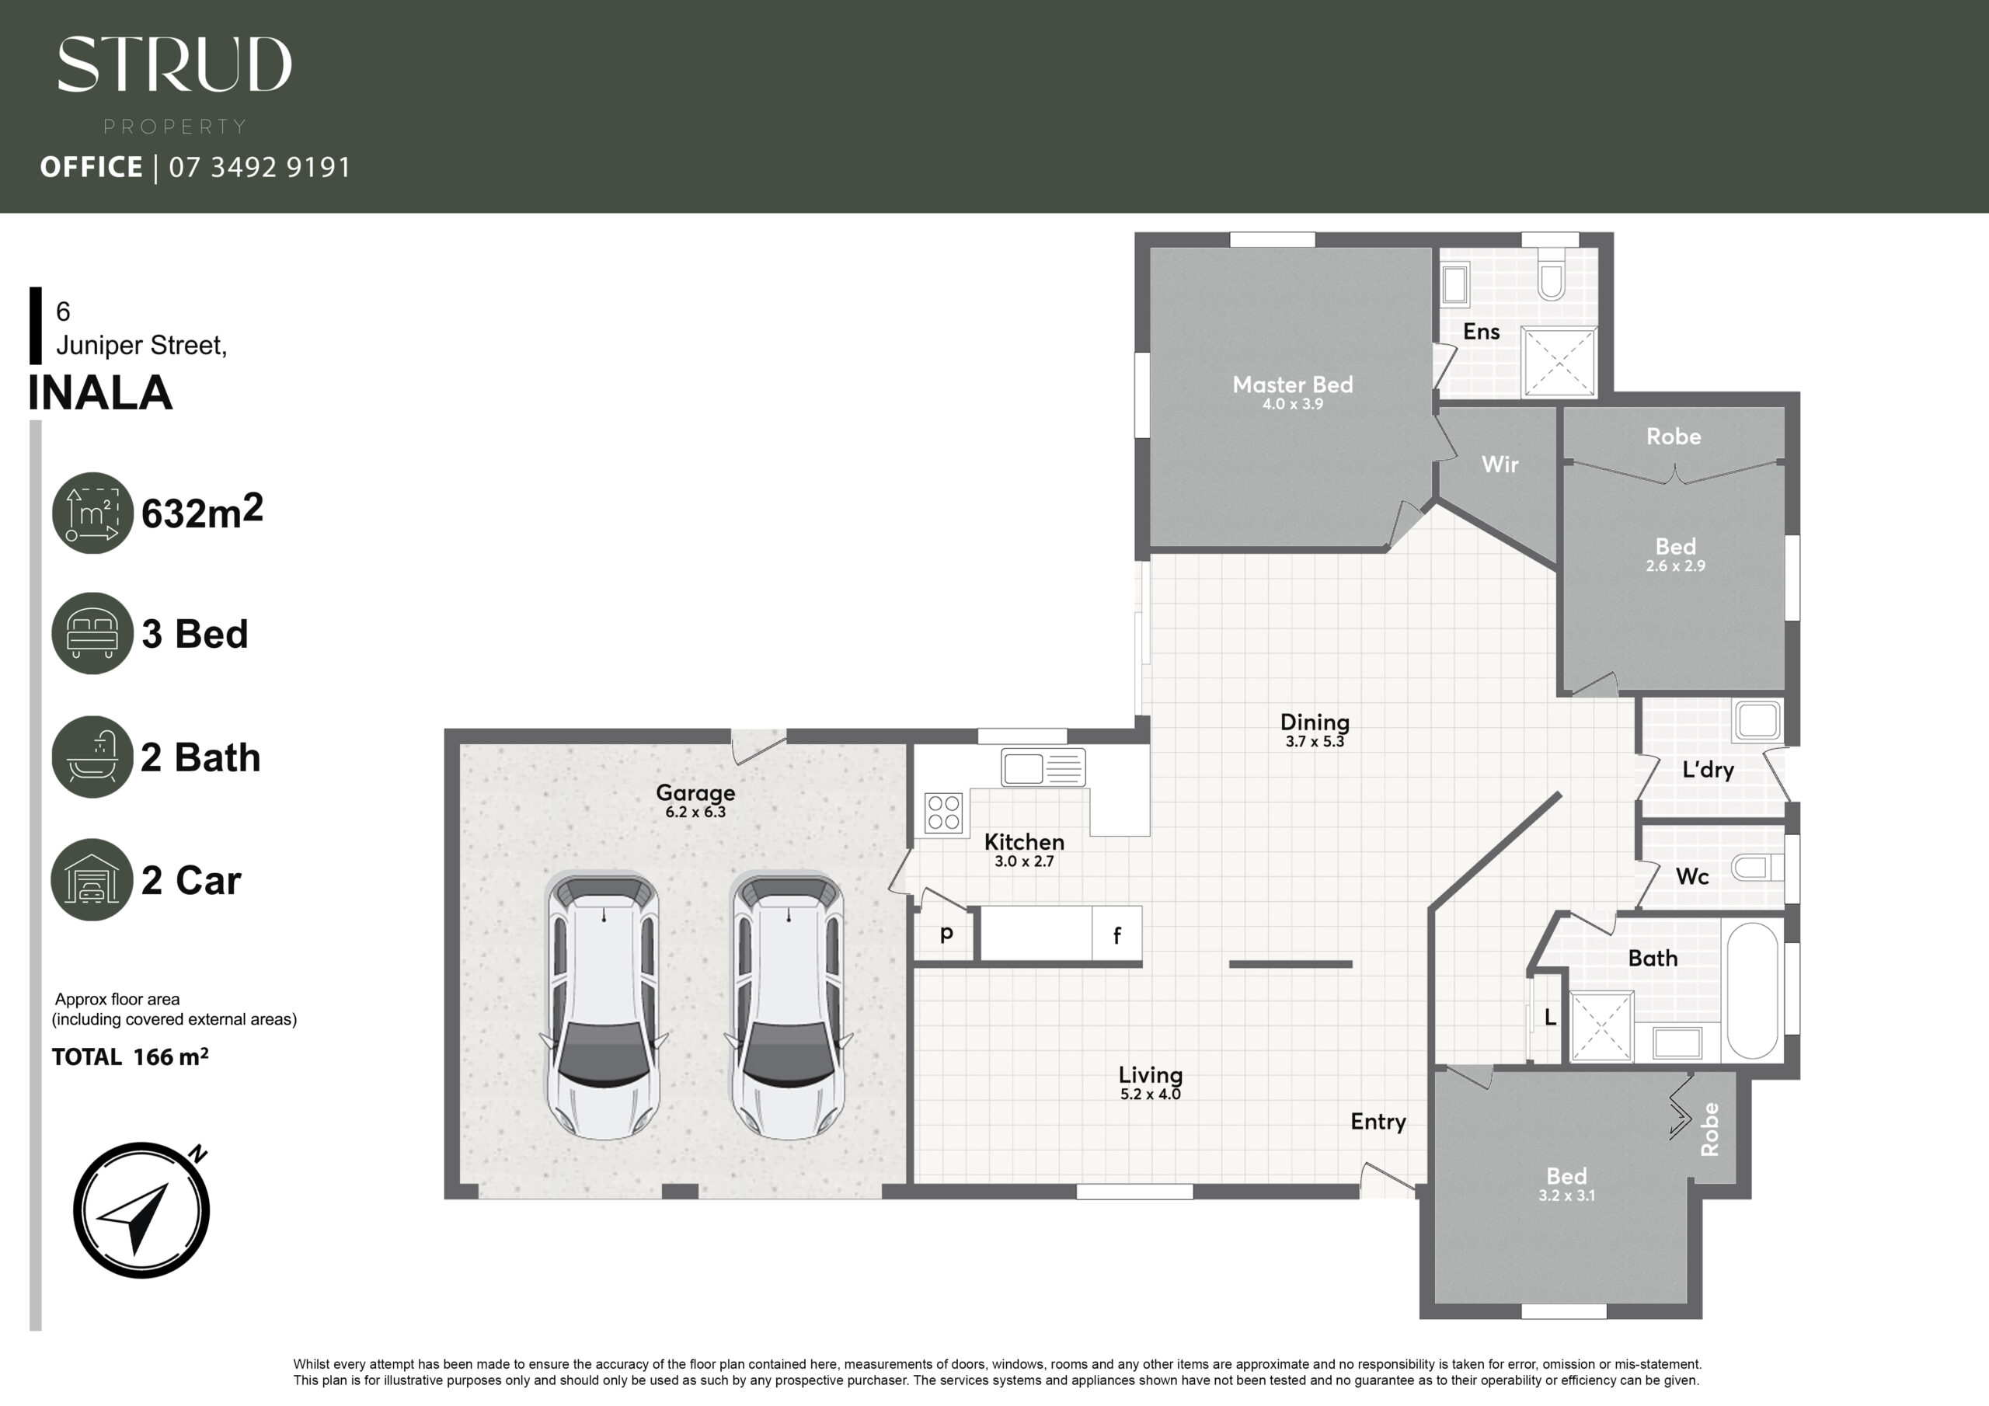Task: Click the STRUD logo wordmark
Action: click(174, 64)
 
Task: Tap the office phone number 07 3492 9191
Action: click(260, 167)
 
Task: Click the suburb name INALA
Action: click(100, 393)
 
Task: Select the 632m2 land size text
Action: click(202, 511)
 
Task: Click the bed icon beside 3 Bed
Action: click(92, 633)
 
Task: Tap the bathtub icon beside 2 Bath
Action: click(92, 757)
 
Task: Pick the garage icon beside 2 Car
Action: click(92, 879)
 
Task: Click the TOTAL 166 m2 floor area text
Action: click(130, 1057)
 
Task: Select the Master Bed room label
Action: click(1293, 385)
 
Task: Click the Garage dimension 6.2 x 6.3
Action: click(695, 813)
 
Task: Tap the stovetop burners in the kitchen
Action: click(943, 813)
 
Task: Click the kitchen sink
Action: click(1043, 767)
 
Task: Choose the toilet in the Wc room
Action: click(1757, 867)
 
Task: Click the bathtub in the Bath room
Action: click(1753, 990)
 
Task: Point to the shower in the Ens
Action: click(1559, 362)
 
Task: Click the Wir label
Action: click(1500, 465)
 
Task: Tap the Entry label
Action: click(1378, 1122)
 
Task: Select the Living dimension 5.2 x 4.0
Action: click(1151, 1095)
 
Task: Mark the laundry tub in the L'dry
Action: click(1757, 721)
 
